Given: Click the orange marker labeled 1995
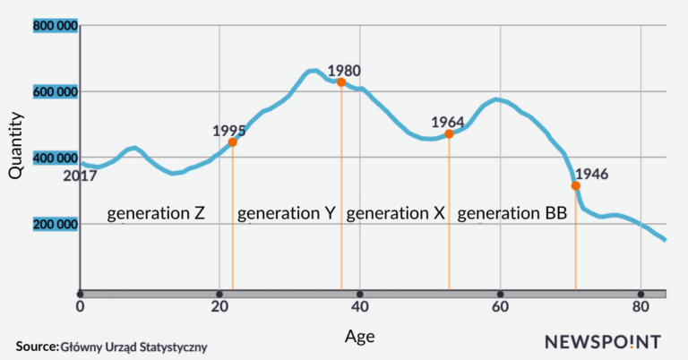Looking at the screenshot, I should [233, 141].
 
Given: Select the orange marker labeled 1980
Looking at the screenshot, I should [341, 82].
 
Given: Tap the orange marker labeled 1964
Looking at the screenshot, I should [449, 134].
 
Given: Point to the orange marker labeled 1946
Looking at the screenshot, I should [576, 186].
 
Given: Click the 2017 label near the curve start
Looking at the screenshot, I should [80, 176].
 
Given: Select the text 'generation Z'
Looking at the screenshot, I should [157, 214].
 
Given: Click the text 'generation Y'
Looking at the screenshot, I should [287, 214].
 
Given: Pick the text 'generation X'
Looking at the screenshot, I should [395, 214].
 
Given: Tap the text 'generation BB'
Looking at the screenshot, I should [512, 214].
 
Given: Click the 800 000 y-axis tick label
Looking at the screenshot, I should [56, 26].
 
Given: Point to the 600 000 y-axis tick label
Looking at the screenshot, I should [56, 92].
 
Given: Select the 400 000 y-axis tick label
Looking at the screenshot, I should [56, 159].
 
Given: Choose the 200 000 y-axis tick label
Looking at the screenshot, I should [56, 224].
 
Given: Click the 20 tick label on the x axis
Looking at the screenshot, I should [219, 308].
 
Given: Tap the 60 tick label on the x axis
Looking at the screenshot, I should [500, 308].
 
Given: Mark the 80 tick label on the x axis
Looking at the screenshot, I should [640, 308].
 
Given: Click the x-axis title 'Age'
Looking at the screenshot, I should [360, 336].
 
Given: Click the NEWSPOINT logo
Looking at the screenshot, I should [602, 341].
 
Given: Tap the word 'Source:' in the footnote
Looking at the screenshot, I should [36, 346].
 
